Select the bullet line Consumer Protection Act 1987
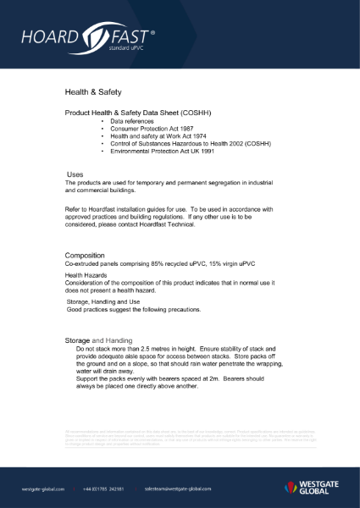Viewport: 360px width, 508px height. coord(146,129)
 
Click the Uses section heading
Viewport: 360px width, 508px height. coord(75,174)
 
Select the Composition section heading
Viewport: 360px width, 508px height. coord(86,255)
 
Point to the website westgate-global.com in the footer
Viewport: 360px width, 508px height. coord(45,489)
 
